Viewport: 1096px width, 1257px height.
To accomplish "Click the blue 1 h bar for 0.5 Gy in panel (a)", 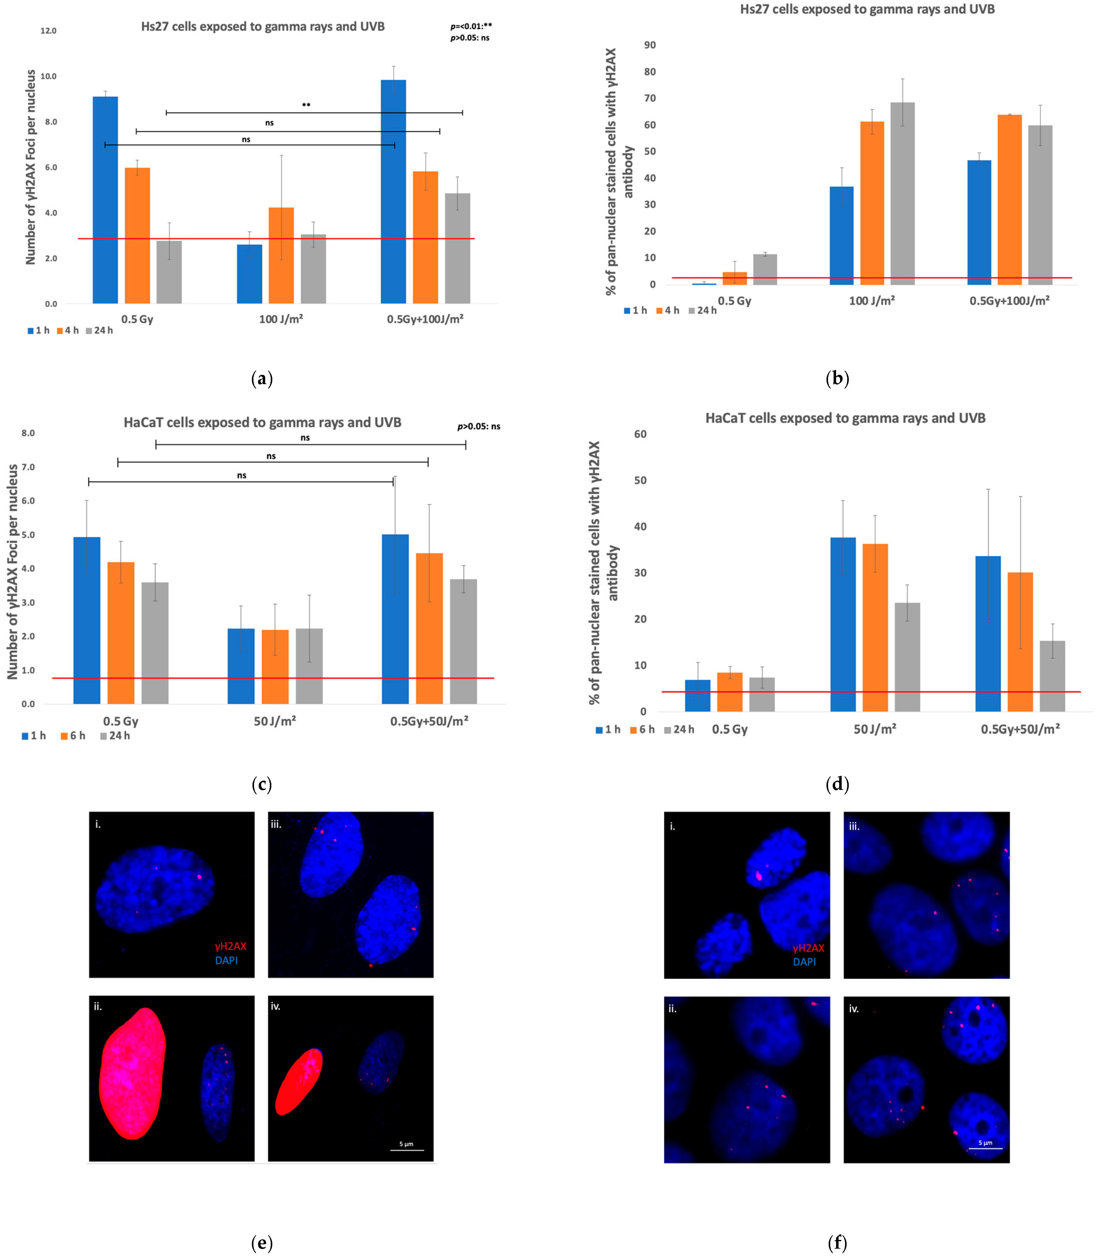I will point(105,200).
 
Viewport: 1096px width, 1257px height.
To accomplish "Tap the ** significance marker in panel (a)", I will point(306,105).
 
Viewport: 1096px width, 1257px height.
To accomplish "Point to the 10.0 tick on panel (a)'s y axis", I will point(48,76).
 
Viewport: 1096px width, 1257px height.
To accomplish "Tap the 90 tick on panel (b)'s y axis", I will point(649,45).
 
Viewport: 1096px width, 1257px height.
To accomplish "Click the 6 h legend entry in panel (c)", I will point(73,736).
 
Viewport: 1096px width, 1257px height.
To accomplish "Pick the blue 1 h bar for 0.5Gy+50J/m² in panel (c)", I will point(395,619).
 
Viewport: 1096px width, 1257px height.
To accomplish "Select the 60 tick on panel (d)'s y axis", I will point(640,434).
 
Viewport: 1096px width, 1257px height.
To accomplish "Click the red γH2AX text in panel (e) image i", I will point(231,946).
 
